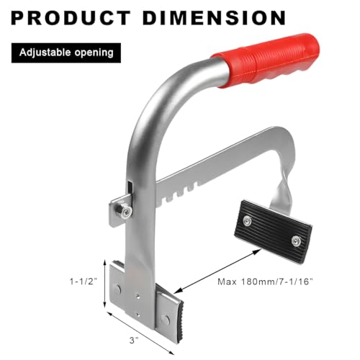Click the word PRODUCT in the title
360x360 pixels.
71,18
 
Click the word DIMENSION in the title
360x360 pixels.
214,18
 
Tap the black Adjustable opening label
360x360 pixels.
66,53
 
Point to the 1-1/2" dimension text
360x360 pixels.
84,282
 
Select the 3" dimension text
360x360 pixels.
134,340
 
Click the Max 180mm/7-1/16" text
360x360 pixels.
266,282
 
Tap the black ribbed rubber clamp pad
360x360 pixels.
273,232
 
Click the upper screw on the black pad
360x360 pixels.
247,220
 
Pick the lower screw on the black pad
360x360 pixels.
296,240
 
